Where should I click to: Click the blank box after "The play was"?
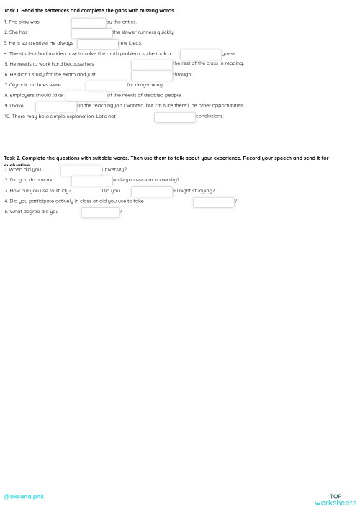point(88,22)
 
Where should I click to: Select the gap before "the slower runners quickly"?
point(91,32)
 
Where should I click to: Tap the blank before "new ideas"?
point(97,43)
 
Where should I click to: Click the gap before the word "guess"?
point(200,54)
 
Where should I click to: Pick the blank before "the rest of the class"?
point(151,64)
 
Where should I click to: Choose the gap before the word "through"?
point(151,75)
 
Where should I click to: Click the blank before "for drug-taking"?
point(106,85)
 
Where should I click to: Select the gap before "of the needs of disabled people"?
point(86,96)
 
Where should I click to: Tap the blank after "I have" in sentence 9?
point(55,106)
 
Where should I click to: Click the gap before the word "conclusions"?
point(174,117)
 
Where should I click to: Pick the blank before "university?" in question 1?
point(81,170)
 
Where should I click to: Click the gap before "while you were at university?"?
point(91,181)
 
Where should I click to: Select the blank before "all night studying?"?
point(151,191)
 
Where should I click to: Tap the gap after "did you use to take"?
point(213,202)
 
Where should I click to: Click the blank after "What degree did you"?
point(100,212)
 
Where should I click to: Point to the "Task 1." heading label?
point(14,11)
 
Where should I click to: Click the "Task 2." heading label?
point(14,158)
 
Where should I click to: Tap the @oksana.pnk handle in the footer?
point(24,497)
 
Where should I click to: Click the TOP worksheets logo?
point(336,500)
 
